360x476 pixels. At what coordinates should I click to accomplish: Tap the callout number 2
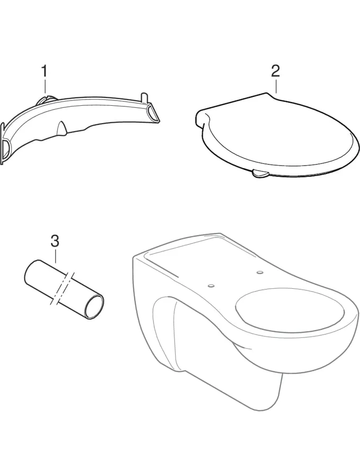click(x=275, y=70)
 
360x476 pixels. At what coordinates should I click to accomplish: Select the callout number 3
click(x=55, y=242)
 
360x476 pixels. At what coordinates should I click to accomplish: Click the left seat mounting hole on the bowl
click(x=211, y=285)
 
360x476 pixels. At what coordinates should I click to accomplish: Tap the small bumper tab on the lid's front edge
click(x=259, y=173)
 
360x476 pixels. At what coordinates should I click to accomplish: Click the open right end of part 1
click(x=152, y=113)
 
